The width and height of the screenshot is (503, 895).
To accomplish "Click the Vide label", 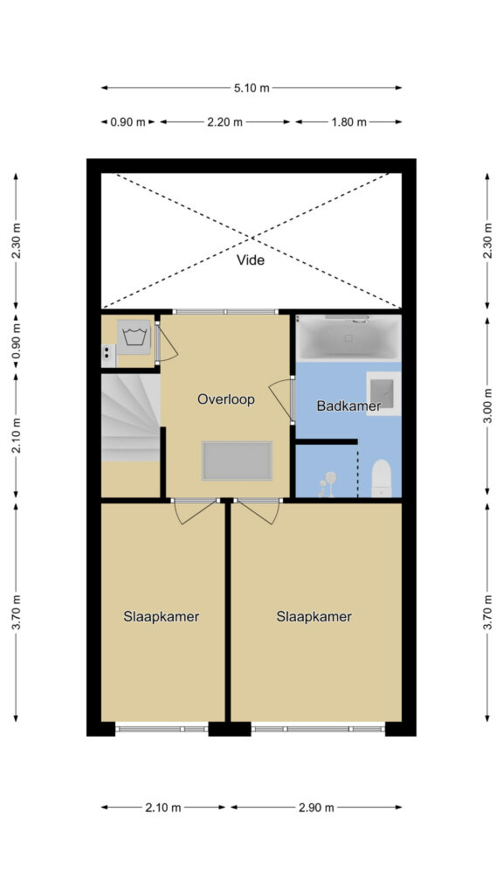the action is click(251, 260).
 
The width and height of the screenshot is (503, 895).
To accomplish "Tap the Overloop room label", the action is click(226, 399).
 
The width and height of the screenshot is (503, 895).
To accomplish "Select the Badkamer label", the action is click(348, 406).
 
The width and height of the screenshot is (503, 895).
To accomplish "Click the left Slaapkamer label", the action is click(162, 616).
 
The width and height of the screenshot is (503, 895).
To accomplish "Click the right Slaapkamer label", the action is click(314, 616).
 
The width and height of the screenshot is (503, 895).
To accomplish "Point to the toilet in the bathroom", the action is click(382, 478).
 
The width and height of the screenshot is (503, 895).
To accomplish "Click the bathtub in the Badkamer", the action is click(348, 337).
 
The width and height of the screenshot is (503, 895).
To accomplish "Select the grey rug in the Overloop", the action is click(237, 461).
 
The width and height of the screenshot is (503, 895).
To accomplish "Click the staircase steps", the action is click(131, 417).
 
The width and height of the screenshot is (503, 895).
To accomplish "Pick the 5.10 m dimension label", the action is click(251, 88).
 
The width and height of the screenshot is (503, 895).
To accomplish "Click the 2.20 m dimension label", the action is click(224, 121).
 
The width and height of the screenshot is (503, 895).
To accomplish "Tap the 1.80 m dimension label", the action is click(349, 121).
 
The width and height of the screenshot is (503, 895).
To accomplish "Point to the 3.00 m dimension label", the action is click(487, 406).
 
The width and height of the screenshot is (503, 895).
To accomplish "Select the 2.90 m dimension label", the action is click(316, 807).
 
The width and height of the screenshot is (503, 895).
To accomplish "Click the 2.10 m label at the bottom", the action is click(162, 807).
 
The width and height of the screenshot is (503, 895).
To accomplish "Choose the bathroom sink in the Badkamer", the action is click(383, 393).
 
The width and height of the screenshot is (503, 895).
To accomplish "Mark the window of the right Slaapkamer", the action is click(318, 729).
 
